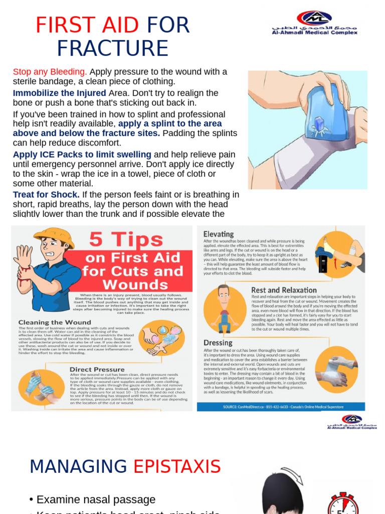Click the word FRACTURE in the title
pos(112,48)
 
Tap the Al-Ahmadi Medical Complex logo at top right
pos(314,23)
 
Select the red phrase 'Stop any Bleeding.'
pos(50,71)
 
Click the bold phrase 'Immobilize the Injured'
pos(59,93)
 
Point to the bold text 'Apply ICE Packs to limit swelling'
pos(82,154)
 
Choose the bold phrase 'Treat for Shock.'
pos(46,194)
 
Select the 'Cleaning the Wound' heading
pos(55,322)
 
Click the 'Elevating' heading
pos(218,234)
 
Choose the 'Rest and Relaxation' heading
pos(284,290)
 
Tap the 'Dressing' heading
pos(218,342)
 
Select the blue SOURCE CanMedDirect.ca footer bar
pos(281,407)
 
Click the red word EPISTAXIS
pos(177,466)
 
